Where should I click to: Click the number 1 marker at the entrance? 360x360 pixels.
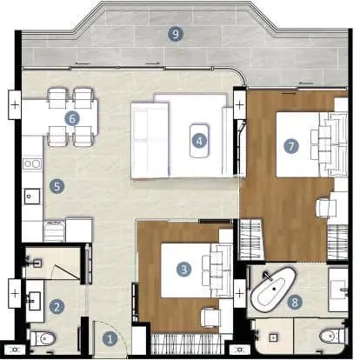pos(110,338)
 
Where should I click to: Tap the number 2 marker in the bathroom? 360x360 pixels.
pos(57,306)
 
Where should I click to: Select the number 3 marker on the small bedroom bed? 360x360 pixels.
pos(183,270)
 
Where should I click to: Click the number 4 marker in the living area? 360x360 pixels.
pos(199,141)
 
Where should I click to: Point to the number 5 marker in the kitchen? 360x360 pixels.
pos(57,186)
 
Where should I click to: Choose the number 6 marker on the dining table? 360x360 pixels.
pos(72,118)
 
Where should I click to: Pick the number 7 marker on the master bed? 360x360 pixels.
pos(291,146)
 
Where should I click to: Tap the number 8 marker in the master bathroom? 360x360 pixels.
pos(295,303)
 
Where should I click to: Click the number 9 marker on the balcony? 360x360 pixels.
pos(176,34)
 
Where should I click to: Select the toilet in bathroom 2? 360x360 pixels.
pos(43,338)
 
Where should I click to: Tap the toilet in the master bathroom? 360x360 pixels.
pos(332,337)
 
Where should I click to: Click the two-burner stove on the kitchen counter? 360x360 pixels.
pos(32,164)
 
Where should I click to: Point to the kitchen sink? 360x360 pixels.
pos(32,197)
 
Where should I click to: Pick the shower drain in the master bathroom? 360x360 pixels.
pos(273,337)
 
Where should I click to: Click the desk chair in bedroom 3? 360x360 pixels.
pos(210,317)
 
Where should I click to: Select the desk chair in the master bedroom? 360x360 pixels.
pos(326,208)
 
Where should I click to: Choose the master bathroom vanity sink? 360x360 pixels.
pos(339,290)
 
